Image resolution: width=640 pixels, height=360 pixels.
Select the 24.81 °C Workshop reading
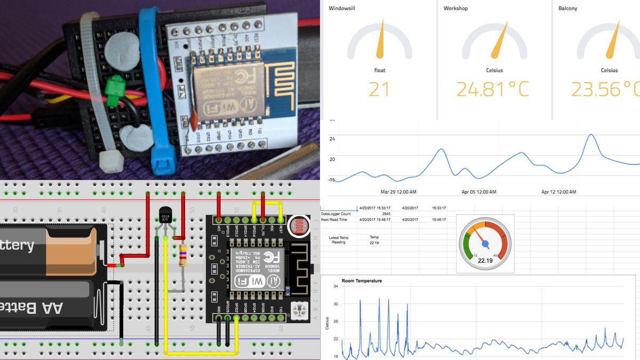pyautogui.click(x=493, y=89)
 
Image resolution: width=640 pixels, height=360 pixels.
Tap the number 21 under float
pyautogui.click(x=379, y=89)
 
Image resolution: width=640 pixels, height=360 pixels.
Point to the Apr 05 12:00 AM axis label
pyautogui.click(x=478, y=191)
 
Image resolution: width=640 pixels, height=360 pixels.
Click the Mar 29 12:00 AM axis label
pyautogui.click(x=398, y=191)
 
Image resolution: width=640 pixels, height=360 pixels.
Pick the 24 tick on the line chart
pyautogui.click(x=332, y=139)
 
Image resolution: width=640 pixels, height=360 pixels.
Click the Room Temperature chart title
pyautogui.click(x=362, y=281)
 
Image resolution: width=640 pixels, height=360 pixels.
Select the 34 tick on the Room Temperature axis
pyautogui.click(x=335, y=287)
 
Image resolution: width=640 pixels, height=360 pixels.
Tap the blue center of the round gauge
pyautogui.click(x=485, y=244)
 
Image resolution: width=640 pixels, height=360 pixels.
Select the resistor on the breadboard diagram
pyautogui.click(x=183, y=256)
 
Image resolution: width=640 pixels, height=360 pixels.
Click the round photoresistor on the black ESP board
pyautogui.click(x=298, y=226)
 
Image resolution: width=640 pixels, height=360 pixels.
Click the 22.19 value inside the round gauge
pyautogui.click(x=485, y=261)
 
